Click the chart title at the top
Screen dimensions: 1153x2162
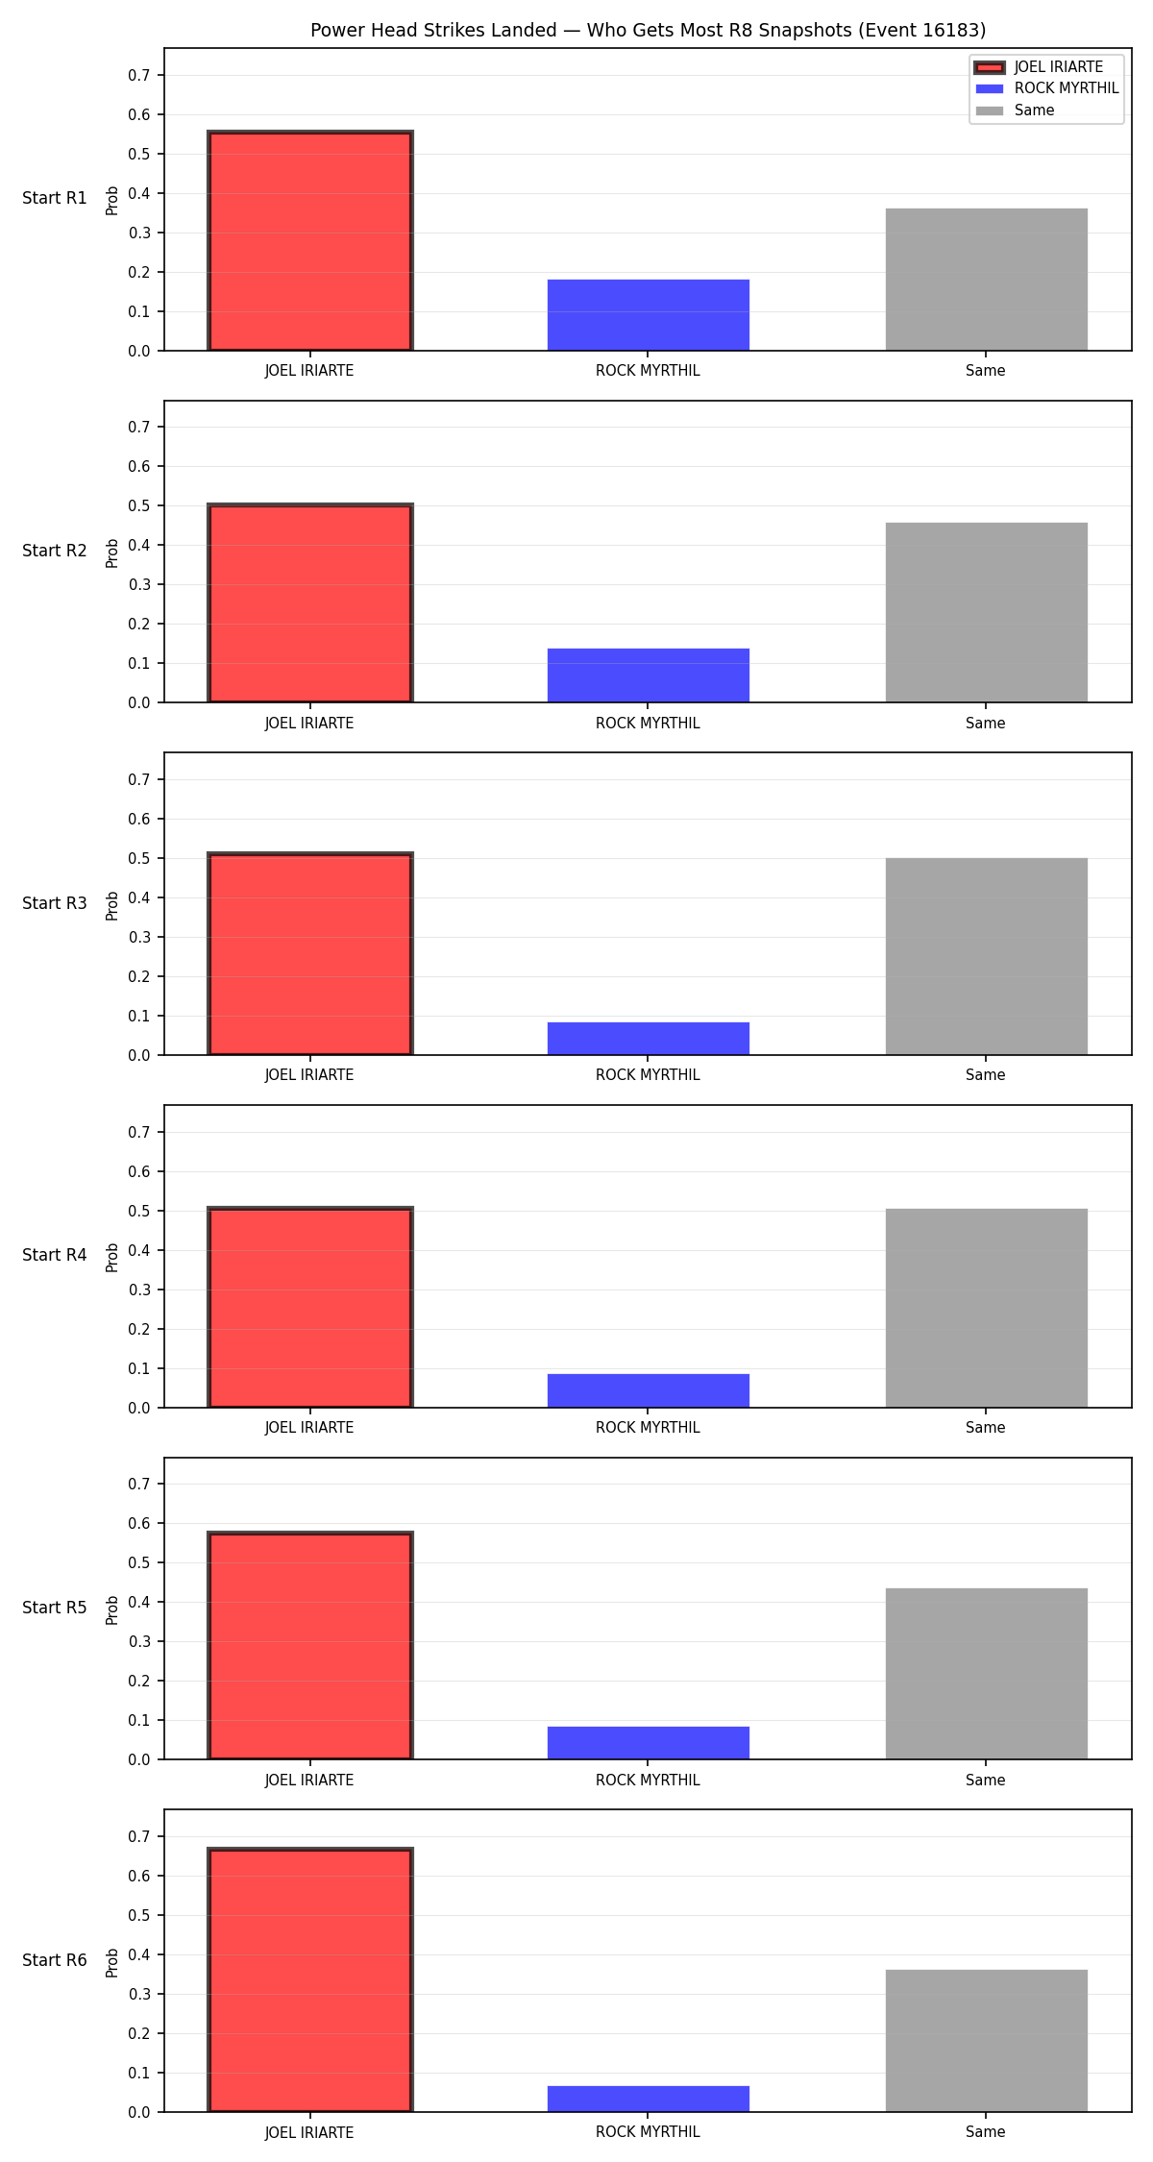coord(648,31)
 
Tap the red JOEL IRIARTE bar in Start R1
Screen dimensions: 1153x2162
coord(309,241)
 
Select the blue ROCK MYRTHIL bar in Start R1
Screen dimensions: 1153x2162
coord(648,315)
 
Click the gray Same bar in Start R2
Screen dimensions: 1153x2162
coord(986,612)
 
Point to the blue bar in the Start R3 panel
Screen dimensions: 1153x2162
coord(648,1039)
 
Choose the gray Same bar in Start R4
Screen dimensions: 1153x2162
coord(986,1308)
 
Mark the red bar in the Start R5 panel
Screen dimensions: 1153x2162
coord(309,1646)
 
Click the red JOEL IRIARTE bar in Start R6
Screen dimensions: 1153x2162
coord(309,1980)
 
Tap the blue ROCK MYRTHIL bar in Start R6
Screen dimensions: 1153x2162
coord(648,2099)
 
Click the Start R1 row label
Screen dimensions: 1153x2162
coord(55,198)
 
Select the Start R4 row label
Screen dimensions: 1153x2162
coord(55,1255)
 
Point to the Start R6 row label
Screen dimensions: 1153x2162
coord(55,1960)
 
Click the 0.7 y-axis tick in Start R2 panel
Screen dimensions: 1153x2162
coord(139,427)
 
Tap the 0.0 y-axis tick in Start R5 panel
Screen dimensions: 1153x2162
coord(139,1759)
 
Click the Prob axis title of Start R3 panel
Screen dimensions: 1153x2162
coord(112,905)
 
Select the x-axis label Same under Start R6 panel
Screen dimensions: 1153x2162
coord(986,2132)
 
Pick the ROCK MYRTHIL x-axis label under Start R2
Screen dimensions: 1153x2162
coord(648,724)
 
